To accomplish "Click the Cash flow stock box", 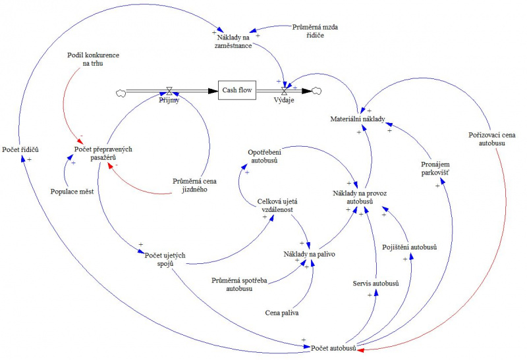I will tap(237, 90).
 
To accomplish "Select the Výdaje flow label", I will tap(284, 101).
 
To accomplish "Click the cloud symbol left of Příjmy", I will tap(121, 92).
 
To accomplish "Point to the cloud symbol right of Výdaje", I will tap(317, 90).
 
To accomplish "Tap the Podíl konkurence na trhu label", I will tap(93, 59).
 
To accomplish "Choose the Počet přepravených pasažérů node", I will tap(104, 153).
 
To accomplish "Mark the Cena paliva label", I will tap(281, 313).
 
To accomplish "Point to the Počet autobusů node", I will tap(334, 347).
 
